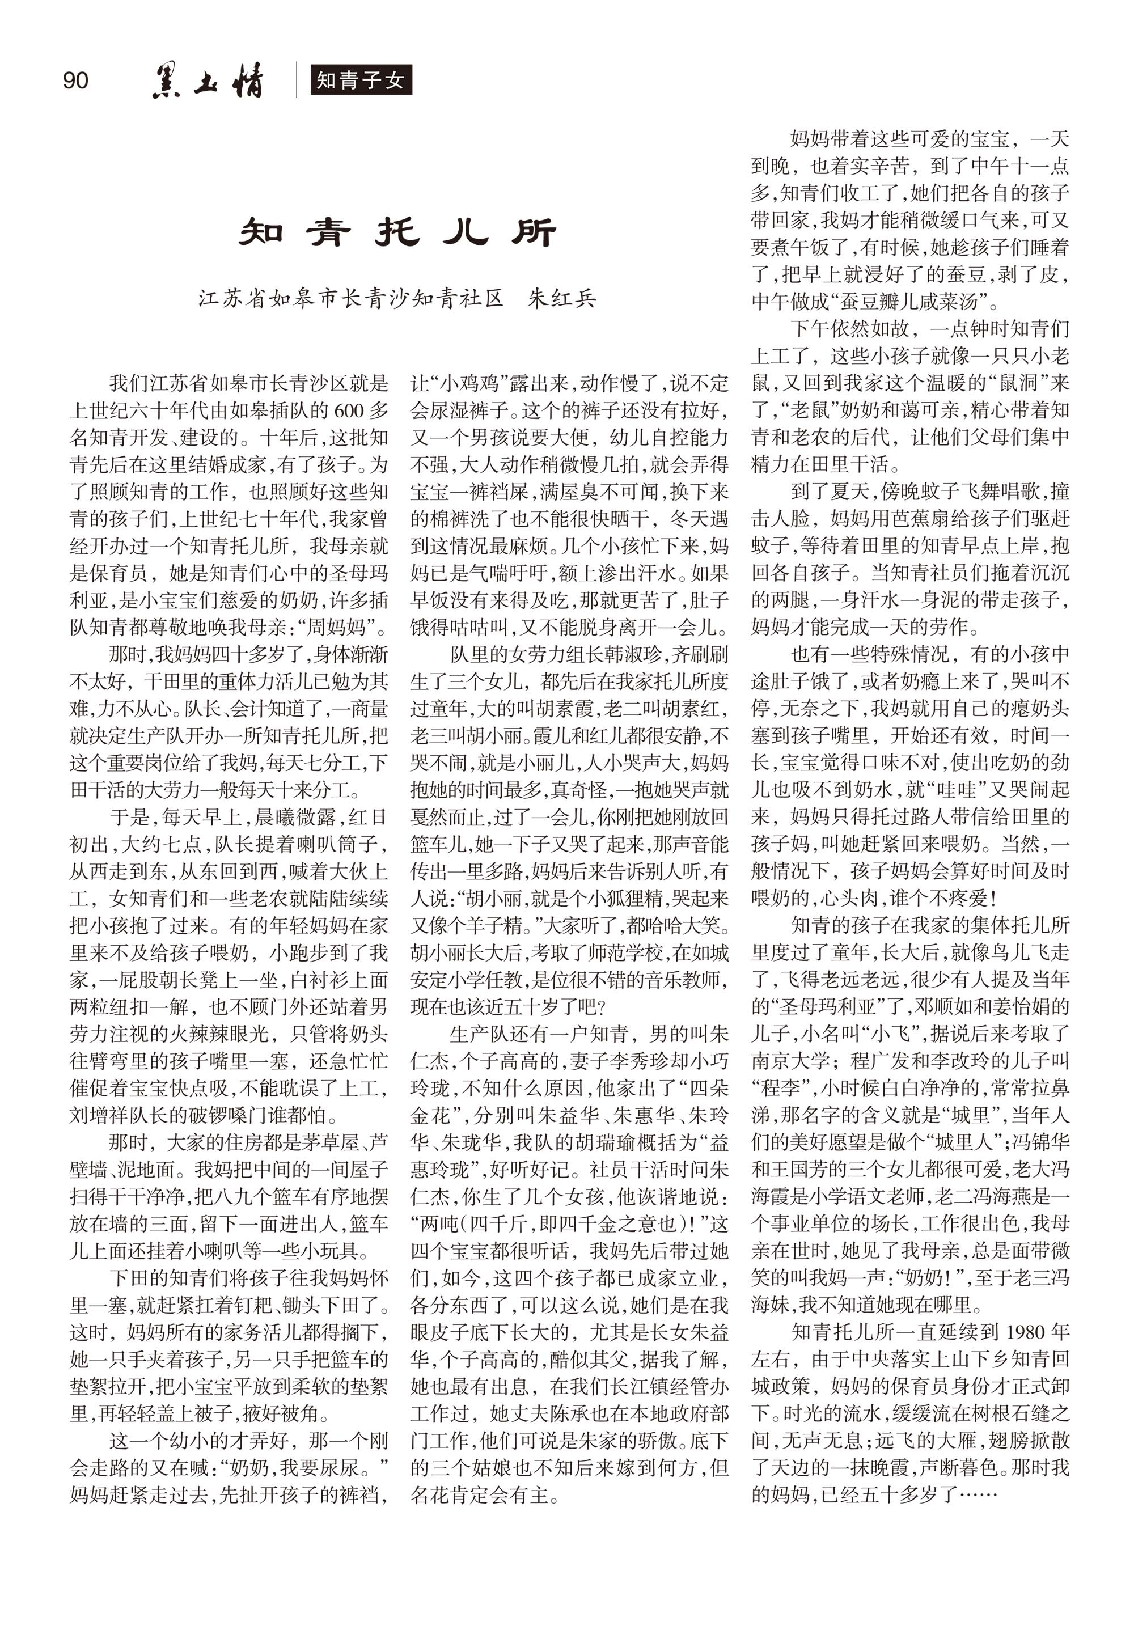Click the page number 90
coord(75,79)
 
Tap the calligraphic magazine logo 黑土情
coord(208,80)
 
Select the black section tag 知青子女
coord(361,80)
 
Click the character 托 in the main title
coord(397,232)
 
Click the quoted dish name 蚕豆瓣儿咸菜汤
coord(909,302)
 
